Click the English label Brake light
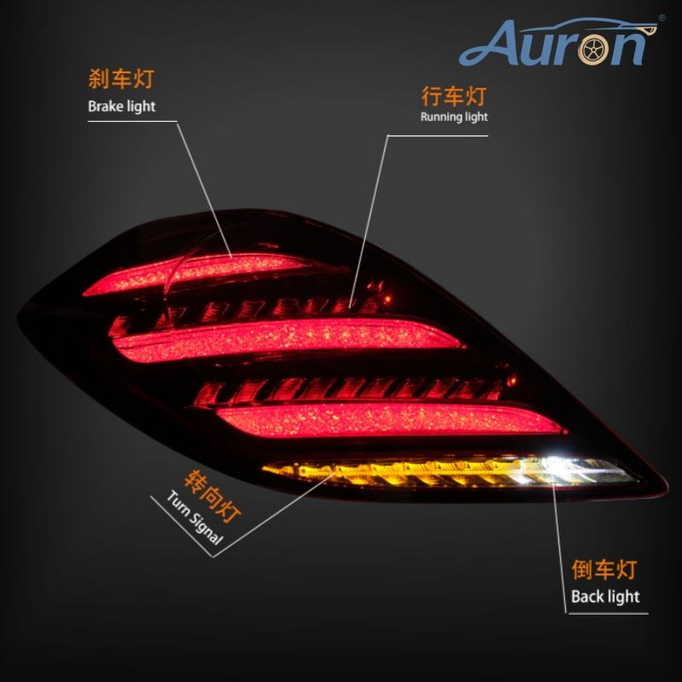pos(122,107)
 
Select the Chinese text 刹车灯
pos(121,81)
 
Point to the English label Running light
pos(454,117)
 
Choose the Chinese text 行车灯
pos(454,95)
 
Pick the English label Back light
pos(605,596)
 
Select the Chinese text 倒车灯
pos(604,569)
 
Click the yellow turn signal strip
pos(384,472)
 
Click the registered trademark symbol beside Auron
pos(662,18)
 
